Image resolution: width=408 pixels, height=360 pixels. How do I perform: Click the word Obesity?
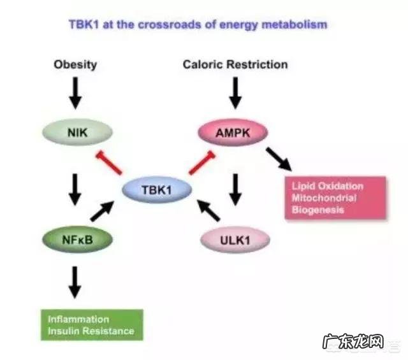click(x=75, y=64)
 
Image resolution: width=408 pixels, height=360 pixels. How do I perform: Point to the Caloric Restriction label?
click(x=235, y=64)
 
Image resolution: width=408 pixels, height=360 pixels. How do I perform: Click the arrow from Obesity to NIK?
click(x=75, y=94)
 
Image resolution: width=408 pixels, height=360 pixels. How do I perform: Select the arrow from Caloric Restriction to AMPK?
click(x=235, y=94)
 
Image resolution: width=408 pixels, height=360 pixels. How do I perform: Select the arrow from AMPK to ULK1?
click(x=235, y=189)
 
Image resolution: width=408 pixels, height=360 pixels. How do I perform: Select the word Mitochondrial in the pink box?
click(x=323, y=198)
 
